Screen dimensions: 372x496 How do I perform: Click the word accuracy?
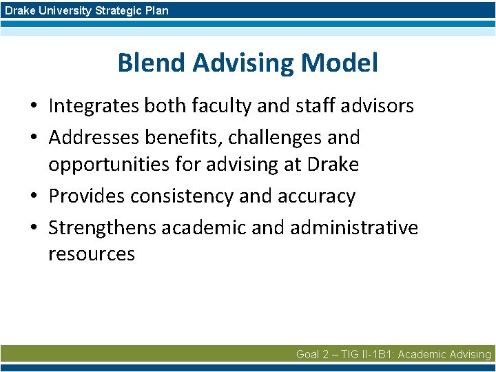tap(316, 196)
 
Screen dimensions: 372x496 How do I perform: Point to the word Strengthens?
tap(102, 227)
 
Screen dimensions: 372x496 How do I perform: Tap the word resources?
tap(91, 254)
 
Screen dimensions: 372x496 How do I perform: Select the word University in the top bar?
tap(61, 10)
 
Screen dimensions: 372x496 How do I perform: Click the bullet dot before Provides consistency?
tap(33, 197)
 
